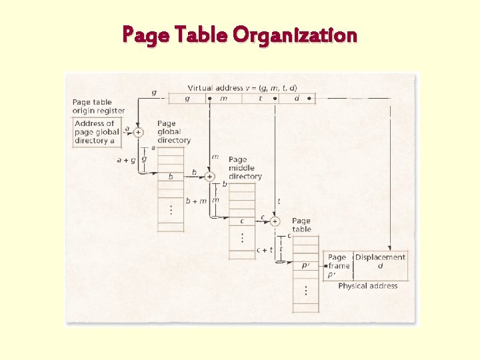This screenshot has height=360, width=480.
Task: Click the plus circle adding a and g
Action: pyautogui.click(x=138, y=132)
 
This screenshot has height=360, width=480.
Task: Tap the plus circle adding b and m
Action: pyautogui.click(x=209, y=176)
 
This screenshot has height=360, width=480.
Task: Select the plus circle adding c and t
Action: pyautogui.click(x=275, y=221)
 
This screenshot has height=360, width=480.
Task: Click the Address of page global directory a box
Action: pyautogui.click(x=94, y=132)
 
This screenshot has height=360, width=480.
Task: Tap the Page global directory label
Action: pyautogui.click(x=173, y=132)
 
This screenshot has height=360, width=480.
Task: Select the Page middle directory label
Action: pyautogui.click(x=245, y=168)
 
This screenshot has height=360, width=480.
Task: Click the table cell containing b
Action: pyautogui.click(x=171, y=177)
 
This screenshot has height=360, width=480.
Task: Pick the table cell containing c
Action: pyautogui.click(x=242, y=221)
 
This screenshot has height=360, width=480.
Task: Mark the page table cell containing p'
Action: pyautogui.click(x=305, y=265)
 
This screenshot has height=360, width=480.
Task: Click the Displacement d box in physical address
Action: pyautogui.click(x=380, y=261)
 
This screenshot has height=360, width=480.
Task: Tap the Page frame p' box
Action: pyautogui.click(x=338, y=265)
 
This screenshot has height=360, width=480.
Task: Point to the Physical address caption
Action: pyautogui.click(x=367, y=286)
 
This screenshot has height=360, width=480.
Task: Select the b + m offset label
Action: pyautogui.click(x=196, y=201)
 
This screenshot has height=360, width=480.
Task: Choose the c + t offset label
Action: pyautogui.click(x=265, y=249)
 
